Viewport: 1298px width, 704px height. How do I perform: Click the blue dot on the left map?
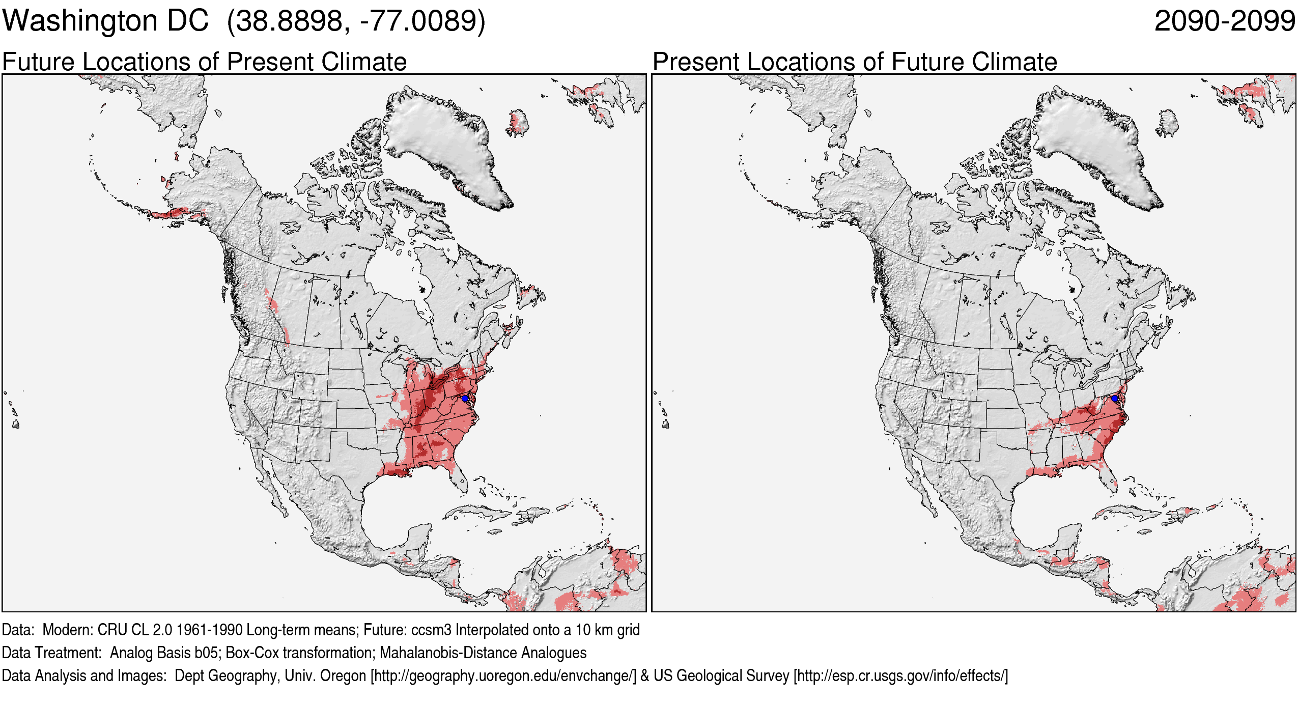[464, 398]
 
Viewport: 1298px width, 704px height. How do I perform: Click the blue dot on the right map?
[1114, 398]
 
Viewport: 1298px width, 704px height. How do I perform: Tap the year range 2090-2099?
[1224, 21]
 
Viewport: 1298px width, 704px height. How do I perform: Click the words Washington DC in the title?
[105, 21]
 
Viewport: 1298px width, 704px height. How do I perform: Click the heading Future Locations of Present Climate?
[204, 62]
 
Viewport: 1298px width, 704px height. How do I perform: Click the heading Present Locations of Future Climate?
[855, 62]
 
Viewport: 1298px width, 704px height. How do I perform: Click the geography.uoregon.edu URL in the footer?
[503, 675]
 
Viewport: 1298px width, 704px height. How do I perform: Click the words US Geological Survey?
[721, 675]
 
